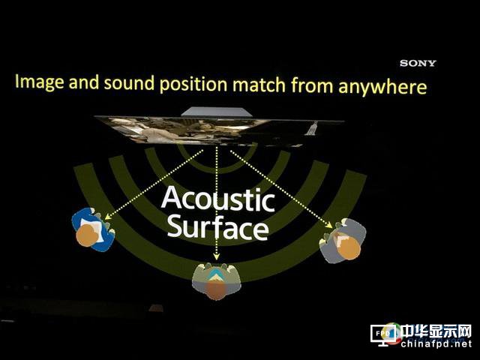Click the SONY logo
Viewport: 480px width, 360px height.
(x=418, y=63)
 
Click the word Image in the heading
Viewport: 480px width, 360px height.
(x=40, y=82)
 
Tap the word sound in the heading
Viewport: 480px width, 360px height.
(x=129, y=83)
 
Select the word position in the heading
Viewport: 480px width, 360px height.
(x=193, y=85)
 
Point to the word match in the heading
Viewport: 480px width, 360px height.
(x=259, y=85)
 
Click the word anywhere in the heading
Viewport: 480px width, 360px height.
(x=382, y=87)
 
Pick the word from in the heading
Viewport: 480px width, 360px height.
(x=312, y=85)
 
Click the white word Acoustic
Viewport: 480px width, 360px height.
(x=218, y=199)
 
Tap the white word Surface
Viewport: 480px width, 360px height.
(x=218, y=226)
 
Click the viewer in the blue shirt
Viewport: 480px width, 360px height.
(x=93, y=229)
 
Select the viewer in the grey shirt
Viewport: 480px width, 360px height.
(x=342, y=241)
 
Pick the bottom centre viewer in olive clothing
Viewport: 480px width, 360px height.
(x=217, y=281)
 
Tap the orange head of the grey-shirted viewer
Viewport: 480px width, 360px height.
(x=349, y=248)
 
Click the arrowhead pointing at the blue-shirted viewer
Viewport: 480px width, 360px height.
(x=108, y=217)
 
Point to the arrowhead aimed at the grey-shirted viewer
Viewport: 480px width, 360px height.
(x=328, y=225)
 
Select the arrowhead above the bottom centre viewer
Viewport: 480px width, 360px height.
(x=217, y=256)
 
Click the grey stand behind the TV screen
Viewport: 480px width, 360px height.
(x=217, y=112)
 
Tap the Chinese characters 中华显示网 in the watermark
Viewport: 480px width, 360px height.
(x=436, y=331)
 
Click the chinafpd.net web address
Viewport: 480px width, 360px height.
(x=436, y=343)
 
